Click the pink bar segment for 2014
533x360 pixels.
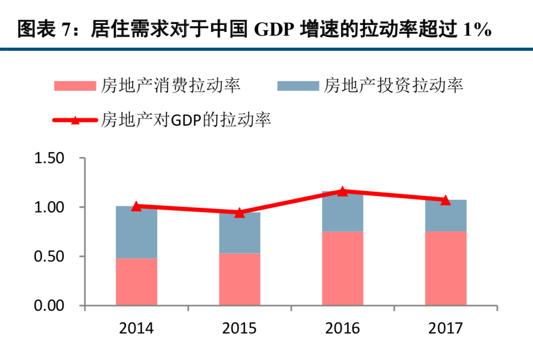(136, 282)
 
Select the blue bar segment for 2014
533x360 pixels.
(136, 232)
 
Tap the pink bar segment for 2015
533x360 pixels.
(240, 279)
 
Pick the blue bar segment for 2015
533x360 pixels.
(240, 233)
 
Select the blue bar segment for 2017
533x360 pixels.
(446, 216)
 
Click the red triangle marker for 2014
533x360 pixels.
(136, 206)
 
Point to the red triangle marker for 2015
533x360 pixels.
(240, 213)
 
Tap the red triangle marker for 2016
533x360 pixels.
(343, 191)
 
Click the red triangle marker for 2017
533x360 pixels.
(446, 200)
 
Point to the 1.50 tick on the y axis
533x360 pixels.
(49, 158)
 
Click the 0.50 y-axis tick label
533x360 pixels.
(49, 257)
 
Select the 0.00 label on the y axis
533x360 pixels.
(49, 306)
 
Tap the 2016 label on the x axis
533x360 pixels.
(343, 328)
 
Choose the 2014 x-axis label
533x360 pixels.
(136, 328)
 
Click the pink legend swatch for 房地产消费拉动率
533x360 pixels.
(75, 86)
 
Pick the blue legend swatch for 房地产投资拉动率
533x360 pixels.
(298, 86)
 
